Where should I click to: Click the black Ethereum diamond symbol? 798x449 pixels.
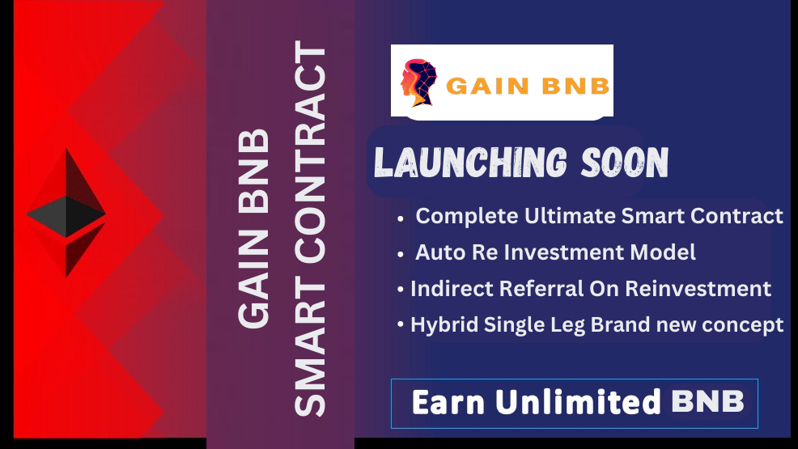[x=66, y=213]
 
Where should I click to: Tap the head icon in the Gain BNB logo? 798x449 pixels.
[x=419, y=83]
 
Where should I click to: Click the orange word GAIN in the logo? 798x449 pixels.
[x=487, y=86]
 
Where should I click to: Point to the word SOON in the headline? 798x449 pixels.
[x=625, y=163]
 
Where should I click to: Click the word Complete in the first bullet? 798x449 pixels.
[x=467, y=217]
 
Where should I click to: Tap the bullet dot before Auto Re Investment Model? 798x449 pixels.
[x=401, y=254]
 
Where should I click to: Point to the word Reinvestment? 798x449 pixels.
[x=698, y=289]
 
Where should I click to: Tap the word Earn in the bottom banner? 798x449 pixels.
[x=448, y=402]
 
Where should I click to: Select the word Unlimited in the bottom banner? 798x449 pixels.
[x=578, y=402]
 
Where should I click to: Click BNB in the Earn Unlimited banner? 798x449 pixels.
[x=708, y=402]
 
